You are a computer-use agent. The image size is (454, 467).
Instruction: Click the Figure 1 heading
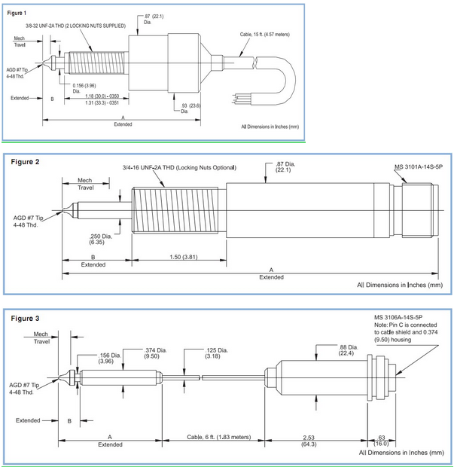click(17, 12)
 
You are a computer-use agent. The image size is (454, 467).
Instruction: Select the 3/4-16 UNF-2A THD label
click(178, 167)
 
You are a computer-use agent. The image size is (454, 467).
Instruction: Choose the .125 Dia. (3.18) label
click(218, 354)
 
